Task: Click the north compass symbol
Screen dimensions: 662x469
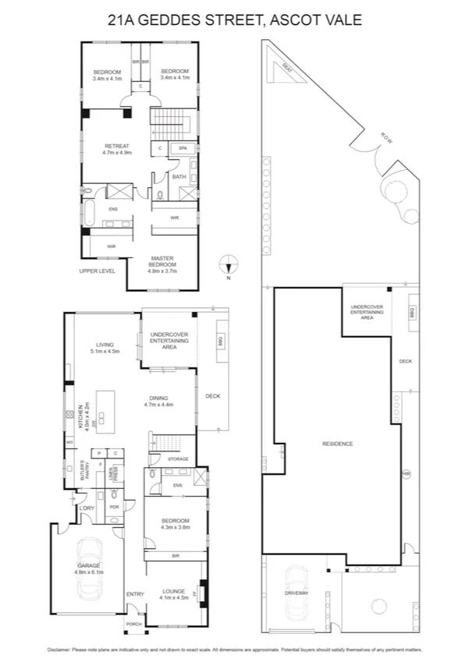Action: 229,264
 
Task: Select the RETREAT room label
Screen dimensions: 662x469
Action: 116,146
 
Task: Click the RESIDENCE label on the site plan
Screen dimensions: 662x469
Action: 337,444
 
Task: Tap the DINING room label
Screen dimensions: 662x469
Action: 158,398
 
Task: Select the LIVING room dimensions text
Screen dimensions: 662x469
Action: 105,352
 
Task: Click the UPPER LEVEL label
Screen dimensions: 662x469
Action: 97,271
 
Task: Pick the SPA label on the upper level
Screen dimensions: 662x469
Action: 183,148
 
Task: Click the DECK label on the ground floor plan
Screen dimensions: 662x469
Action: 212,396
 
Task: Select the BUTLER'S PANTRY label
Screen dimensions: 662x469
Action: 86,472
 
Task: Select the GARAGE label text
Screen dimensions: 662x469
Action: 87,566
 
